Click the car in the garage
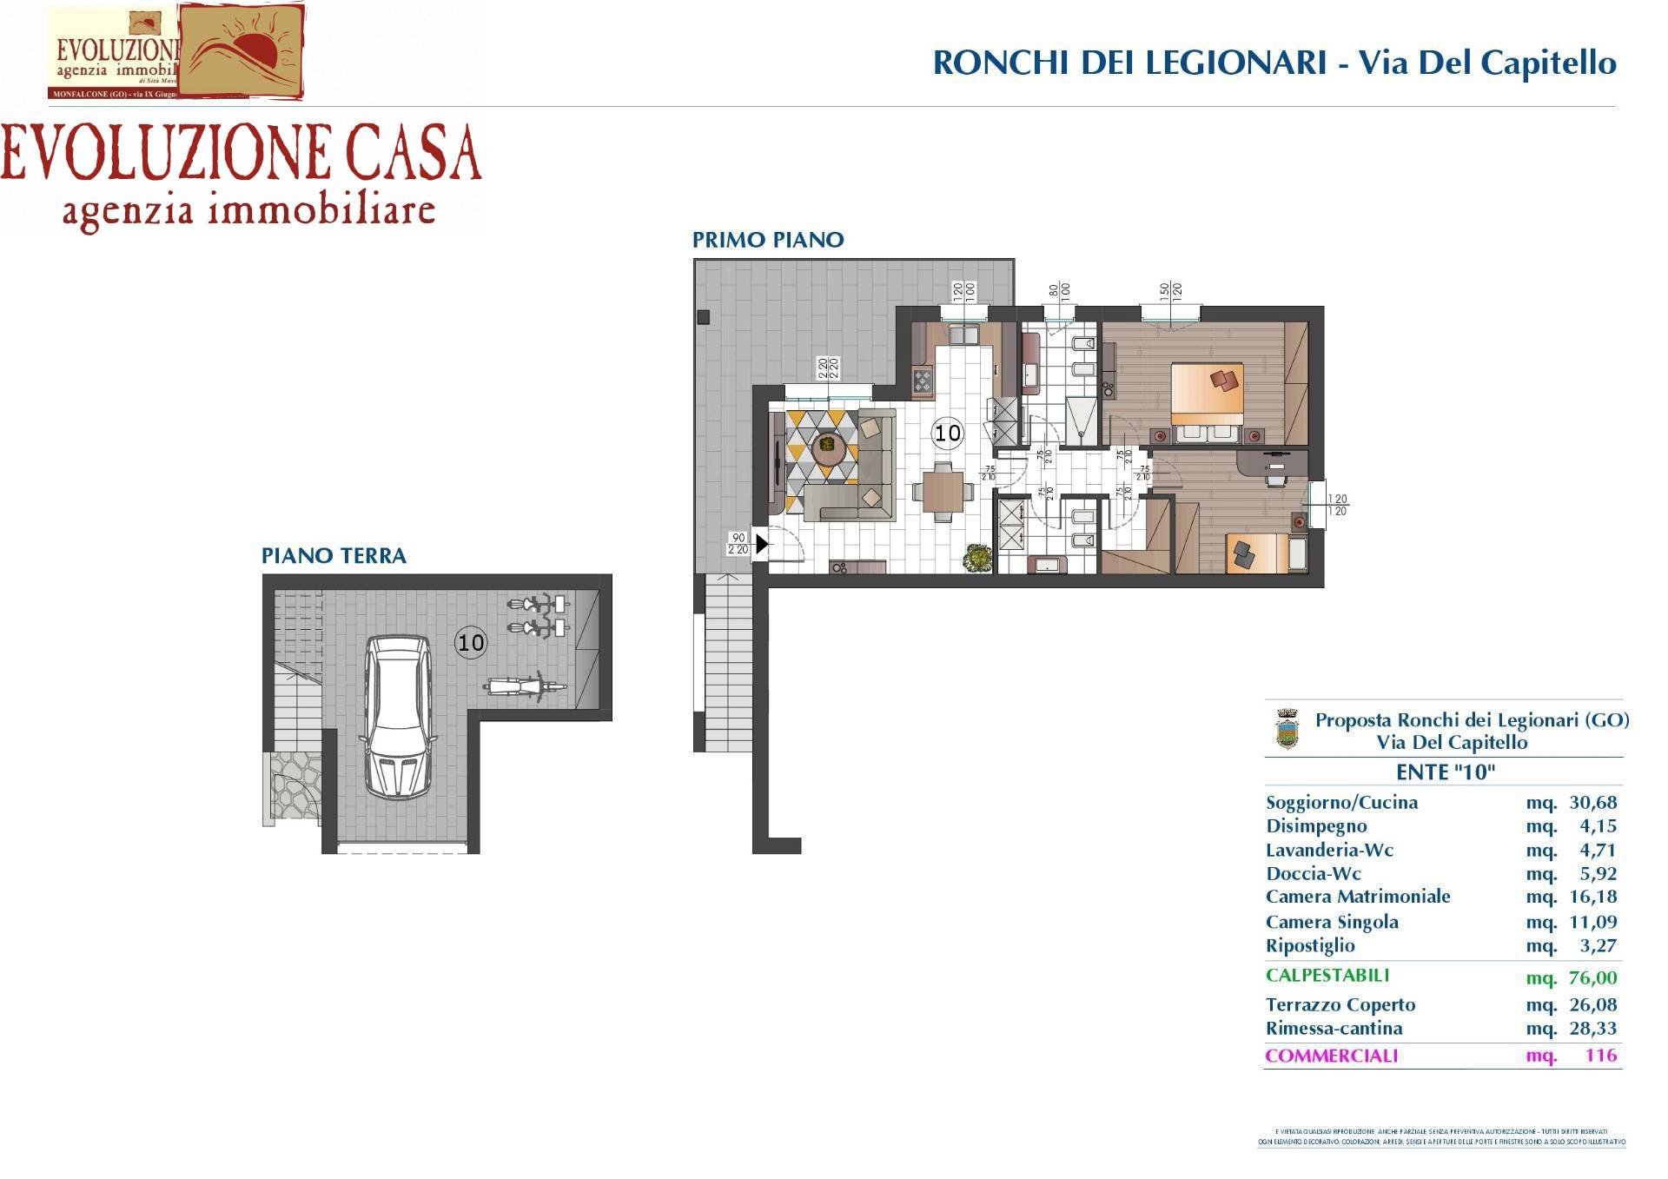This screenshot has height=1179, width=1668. click(398, 717)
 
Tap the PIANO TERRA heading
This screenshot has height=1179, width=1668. click(334, 556)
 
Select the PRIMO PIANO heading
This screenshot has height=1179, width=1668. click(768, 240)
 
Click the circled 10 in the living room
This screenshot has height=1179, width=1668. click(947, 433)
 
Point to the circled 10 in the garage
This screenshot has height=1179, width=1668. click(471, 643)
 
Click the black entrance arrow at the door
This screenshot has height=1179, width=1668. click(761, 545)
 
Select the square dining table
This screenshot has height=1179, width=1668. click(943, 492)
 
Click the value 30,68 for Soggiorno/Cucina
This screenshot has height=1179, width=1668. click(1592, 803)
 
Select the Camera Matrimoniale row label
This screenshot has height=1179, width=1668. click(1358, 897)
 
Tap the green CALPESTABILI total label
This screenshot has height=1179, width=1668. click(1327, 976)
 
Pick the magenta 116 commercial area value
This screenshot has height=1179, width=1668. click(1600, 1056)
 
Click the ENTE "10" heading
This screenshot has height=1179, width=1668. click(1445, 772)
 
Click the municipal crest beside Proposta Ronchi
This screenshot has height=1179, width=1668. click(1287, 729)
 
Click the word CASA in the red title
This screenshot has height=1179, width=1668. click(414, 155)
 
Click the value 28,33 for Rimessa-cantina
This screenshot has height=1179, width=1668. click(1592, 1029)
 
